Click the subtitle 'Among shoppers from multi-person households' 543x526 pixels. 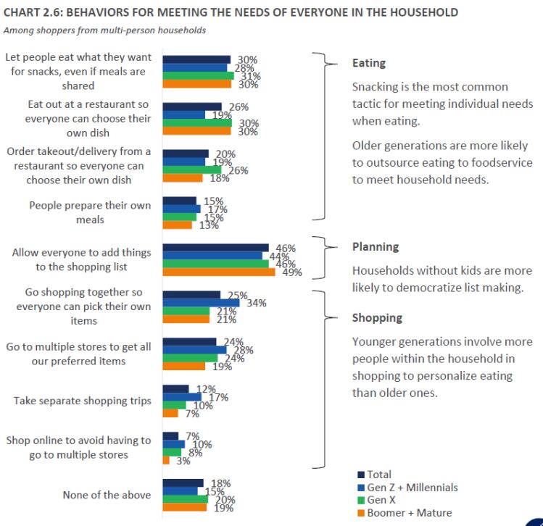click(x=105, y=30)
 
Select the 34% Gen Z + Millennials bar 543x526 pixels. click(x=201, y=303)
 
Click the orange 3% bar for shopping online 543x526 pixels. click(x=166, y=460)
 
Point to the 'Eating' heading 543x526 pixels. click(x=369, y=63)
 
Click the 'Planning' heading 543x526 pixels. click(x=376, y=246)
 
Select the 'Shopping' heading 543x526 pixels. click(x=377, y=317)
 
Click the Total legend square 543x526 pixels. click(x=361, y=475)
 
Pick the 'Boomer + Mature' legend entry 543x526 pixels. click(x=409, y=513)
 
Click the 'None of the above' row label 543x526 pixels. click(x=107, y=496)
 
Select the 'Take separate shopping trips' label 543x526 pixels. click(x=83, y=401)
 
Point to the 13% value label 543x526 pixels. click(x=202, y=225)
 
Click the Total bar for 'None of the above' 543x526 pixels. click(x=183, y=483)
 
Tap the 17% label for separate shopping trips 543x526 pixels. click(x=218, y=397)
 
